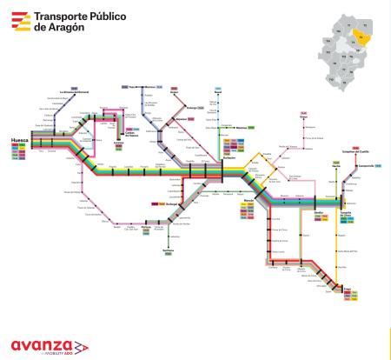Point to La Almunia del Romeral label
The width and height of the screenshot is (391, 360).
pos(75,92)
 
